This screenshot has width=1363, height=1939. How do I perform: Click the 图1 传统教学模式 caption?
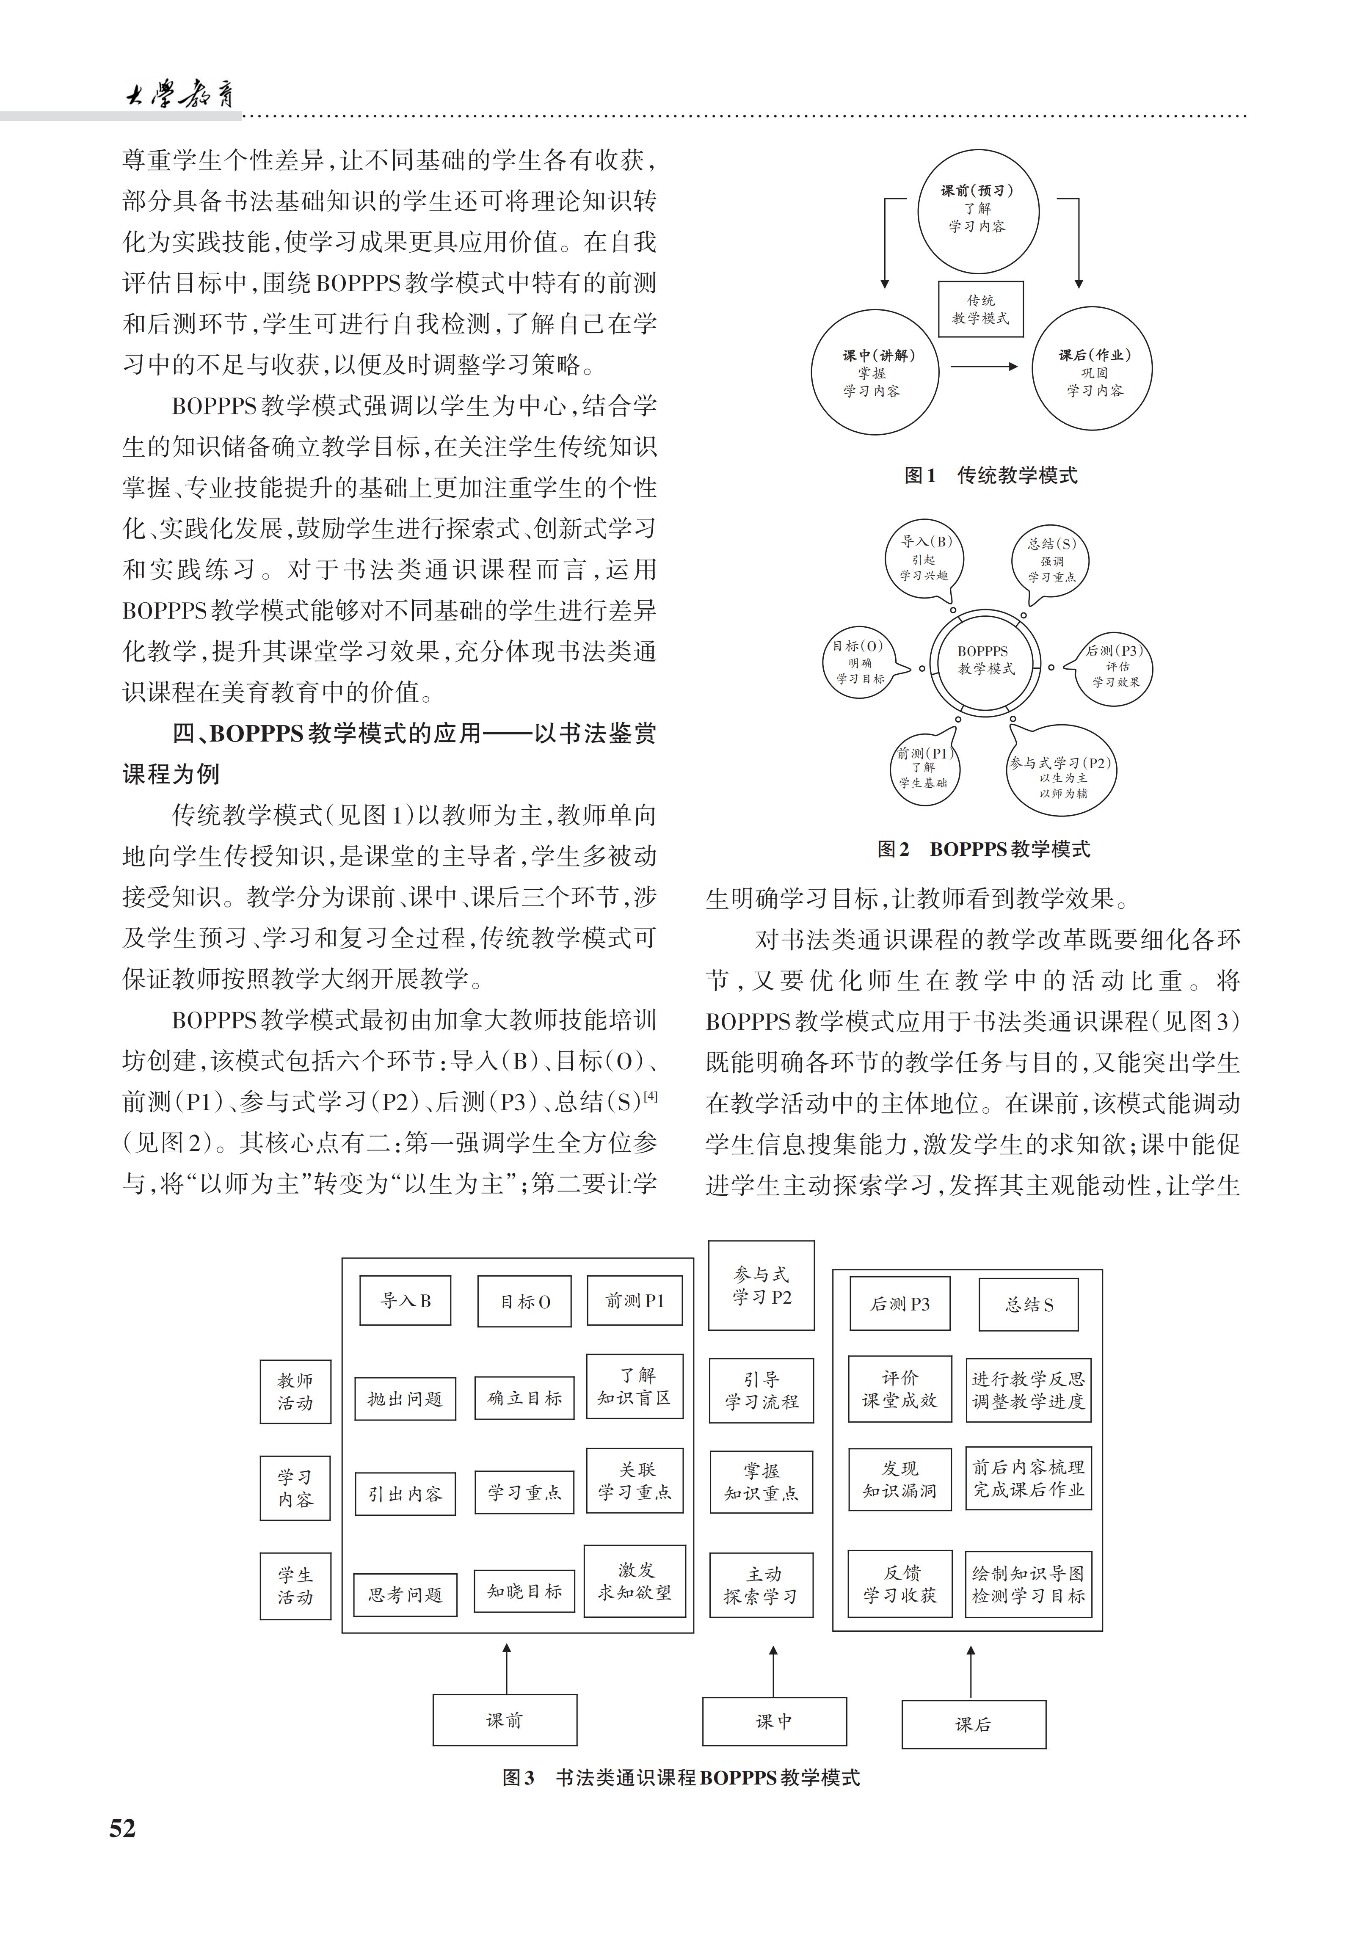coord(991,475)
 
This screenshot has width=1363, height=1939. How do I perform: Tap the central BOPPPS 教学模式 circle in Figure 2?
coord(985,661)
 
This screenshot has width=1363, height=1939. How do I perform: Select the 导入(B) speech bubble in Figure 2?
coord(925,558)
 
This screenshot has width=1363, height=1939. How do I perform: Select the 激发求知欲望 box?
coord(634,1582)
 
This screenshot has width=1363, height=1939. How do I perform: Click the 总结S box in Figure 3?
coord(1029,1305)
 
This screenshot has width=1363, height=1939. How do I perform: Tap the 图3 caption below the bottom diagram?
coord(681,1778)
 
